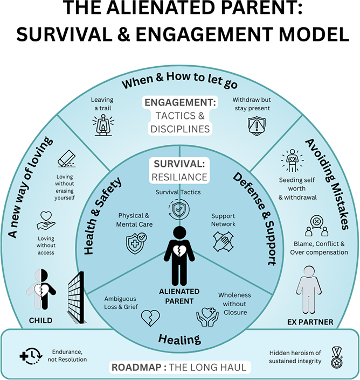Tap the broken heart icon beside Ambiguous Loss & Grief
click(150, 319)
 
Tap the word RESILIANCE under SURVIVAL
click(179, 177)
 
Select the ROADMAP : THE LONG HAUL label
click(179, 368)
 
